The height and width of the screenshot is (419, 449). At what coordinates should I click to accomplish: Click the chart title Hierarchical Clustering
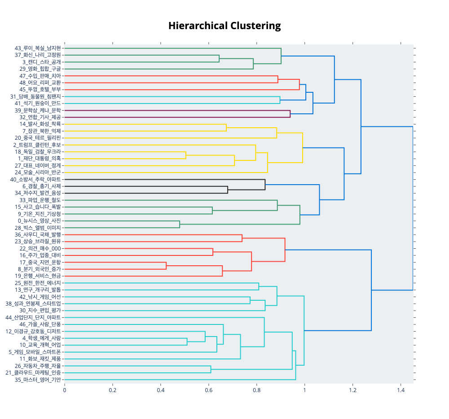224,26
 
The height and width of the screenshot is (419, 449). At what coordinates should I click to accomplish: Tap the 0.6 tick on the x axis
209,390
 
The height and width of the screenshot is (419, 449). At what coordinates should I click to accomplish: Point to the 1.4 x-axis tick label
401,390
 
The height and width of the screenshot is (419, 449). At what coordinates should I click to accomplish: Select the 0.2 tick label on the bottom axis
113,390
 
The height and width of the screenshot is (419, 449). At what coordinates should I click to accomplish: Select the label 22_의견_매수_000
40,248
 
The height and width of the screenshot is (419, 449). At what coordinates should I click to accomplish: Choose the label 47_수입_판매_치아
40,76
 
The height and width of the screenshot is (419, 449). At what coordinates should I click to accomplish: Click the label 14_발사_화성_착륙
40,124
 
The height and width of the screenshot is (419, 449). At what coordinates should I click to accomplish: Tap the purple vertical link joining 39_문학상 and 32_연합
290,113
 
